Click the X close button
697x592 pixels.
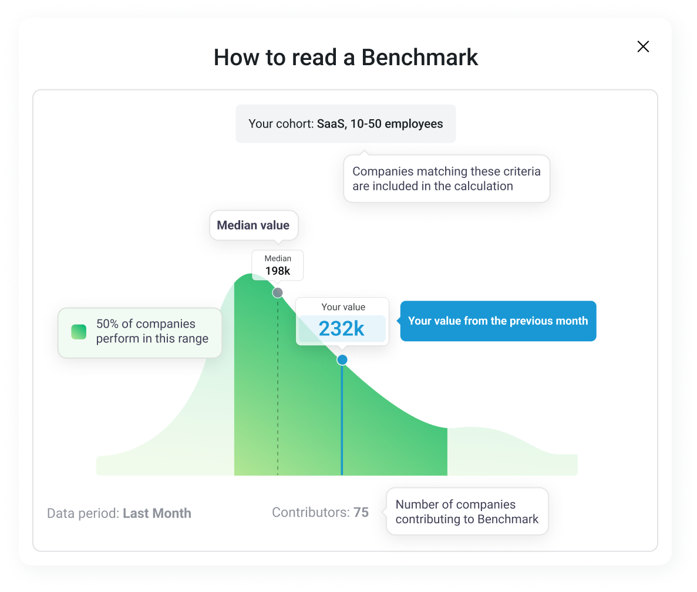tap(643, 47)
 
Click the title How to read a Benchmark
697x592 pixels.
tap(346, 57)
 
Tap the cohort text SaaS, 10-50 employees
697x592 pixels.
tap(380, 124)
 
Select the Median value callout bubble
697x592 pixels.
tap(253, 226)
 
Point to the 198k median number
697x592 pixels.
tap(278, 271)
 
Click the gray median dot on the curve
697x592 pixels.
tap(278, 292)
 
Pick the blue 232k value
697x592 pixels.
tap(342, 329)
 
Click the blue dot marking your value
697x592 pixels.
tap(342, 360)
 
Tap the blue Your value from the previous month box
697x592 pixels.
tap(498, 321)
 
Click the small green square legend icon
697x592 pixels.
tap(79, 332)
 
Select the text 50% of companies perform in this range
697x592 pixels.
tap(152, 331)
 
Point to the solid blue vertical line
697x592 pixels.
tap(342, 423)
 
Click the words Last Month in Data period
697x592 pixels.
tap(157, 513)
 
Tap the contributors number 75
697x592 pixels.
tap(361, 512)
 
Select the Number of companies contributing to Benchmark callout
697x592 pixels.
tap(467, 512)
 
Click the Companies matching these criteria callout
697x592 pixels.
tap(446, 179)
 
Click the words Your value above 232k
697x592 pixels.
tap(343, 307)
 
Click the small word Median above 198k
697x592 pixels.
tap(278, 258)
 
